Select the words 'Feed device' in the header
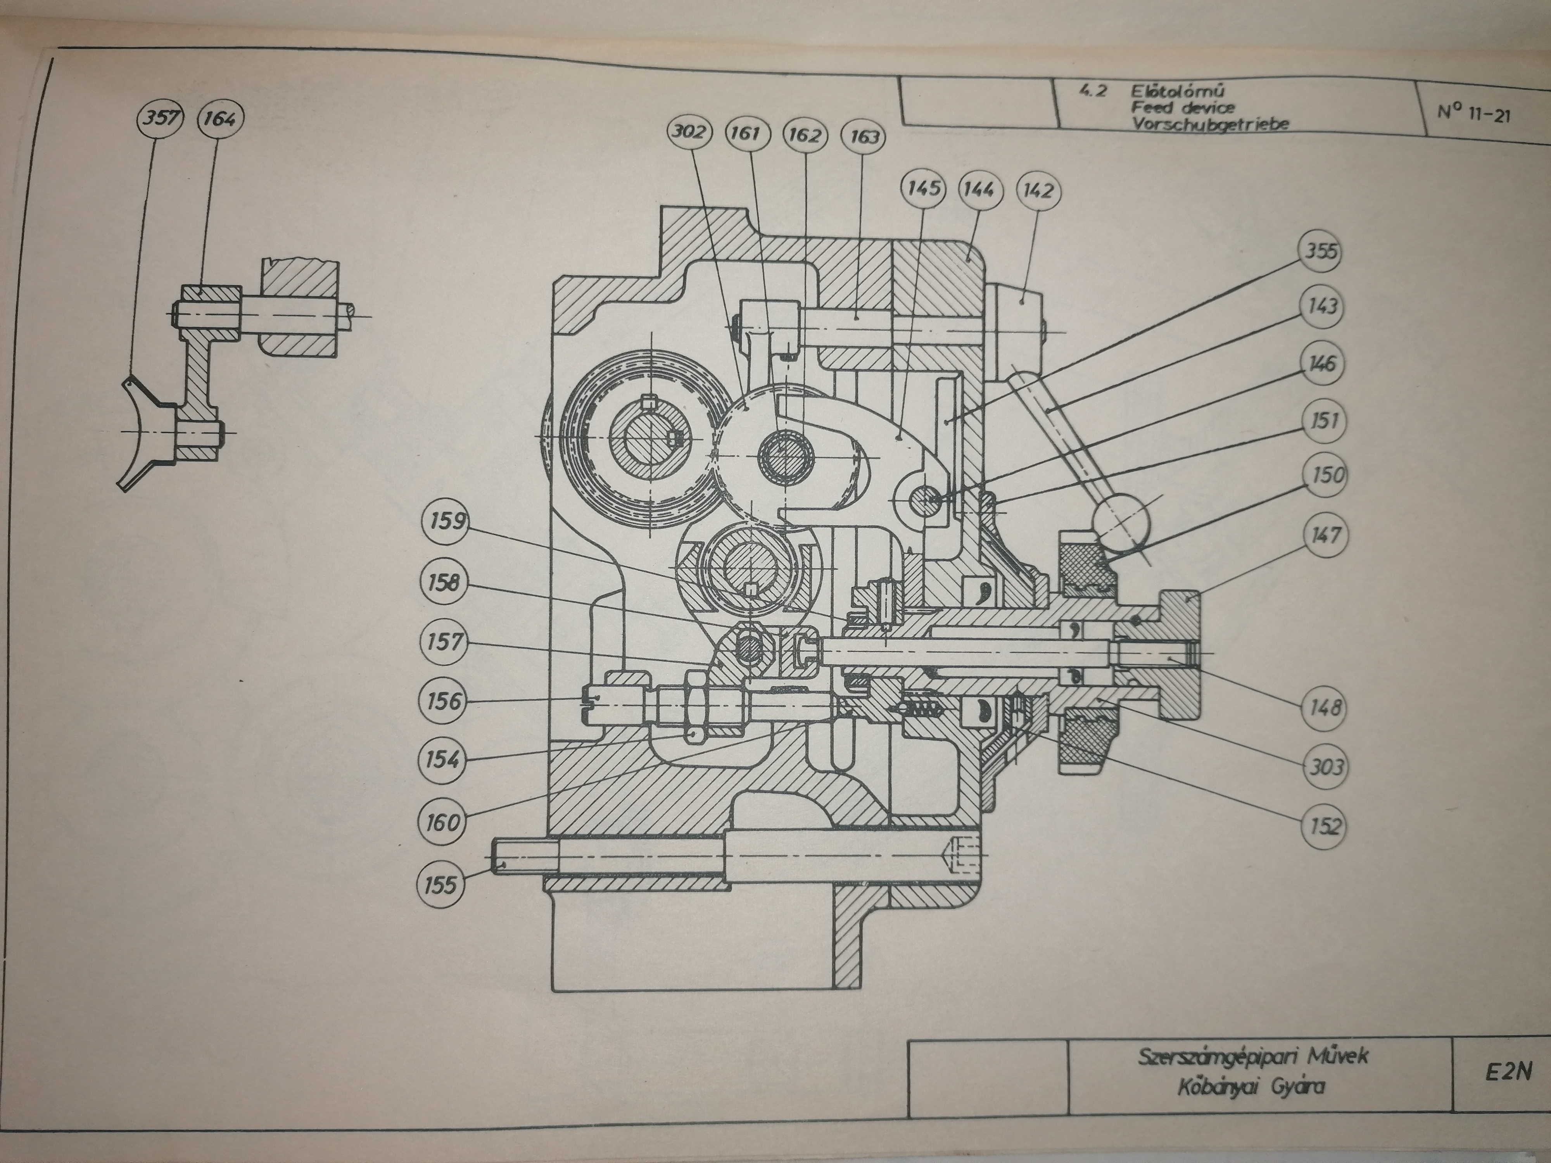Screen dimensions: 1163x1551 1183,109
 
